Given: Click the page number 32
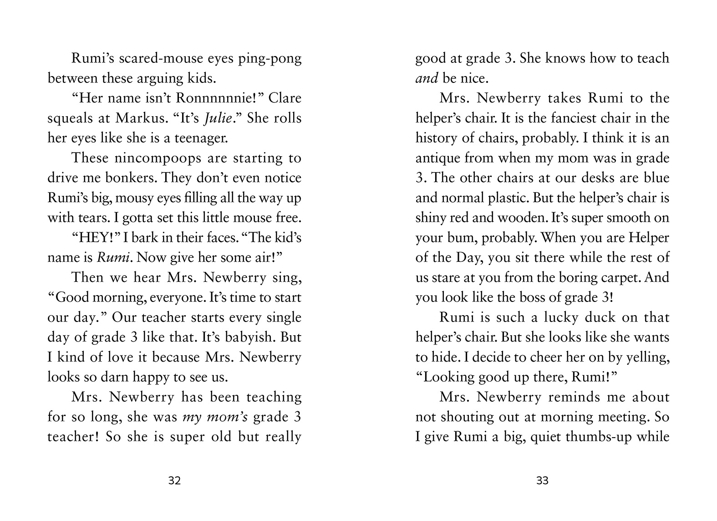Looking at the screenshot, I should click(174, 480).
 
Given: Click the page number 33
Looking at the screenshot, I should click(542, 480).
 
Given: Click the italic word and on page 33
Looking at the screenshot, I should click(427, 78).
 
